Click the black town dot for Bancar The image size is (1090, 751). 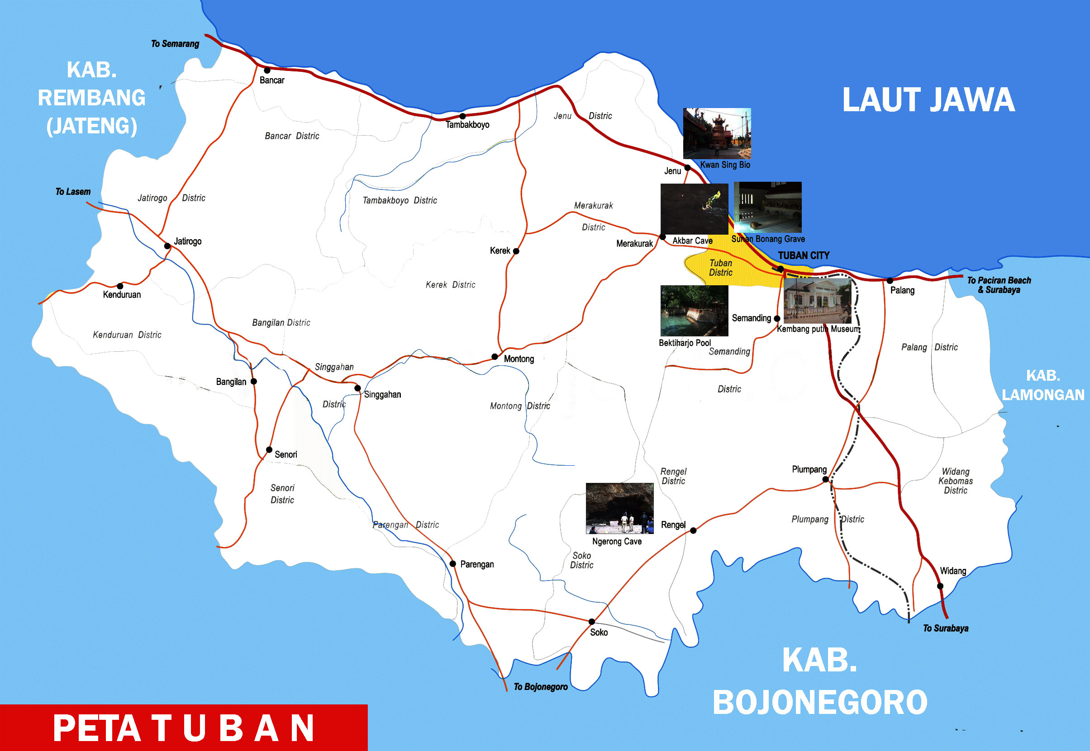[x=267, y=71]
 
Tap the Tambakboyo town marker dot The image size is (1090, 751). [x=462, y=116]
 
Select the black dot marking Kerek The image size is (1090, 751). [x=516, y=251]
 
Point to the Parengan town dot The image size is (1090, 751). [x=452, y=564]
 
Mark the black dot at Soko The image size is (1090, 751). [x=592, y=622]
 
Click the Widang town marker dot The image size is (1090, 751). [x=940, y=586]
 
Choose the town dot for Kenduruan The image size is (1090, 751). [x=120, y=286]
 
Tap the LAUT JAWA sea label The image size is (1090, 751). [x=928, y=100]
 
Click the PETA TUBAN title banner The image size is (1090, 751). [x=184, y=728]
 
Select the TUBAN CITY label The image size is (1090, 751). [x=804, y=255]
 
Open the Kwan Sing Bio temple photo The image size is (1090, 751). [x=717, y=134]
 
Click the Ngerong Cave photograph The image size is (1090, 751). [x=619, y=508]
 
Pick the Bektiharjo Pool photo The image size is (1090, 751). [x=694, y=311]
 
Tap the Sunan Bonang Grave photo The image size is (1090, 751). [x=768, y=207]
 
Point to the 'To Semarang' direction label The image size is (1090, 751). [x=175, y=44]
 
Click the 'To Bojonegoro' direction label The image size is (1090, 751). [x=541, y=687]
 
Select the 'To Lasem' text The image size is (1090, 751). [x=73, y=192]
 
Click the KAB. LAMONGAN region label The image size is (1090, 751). [x=1043, y=385]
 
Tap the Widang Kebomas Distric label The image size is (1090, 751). [x=955, y=481]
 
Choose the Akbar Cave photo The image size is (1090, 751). [x=694, y=209]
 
